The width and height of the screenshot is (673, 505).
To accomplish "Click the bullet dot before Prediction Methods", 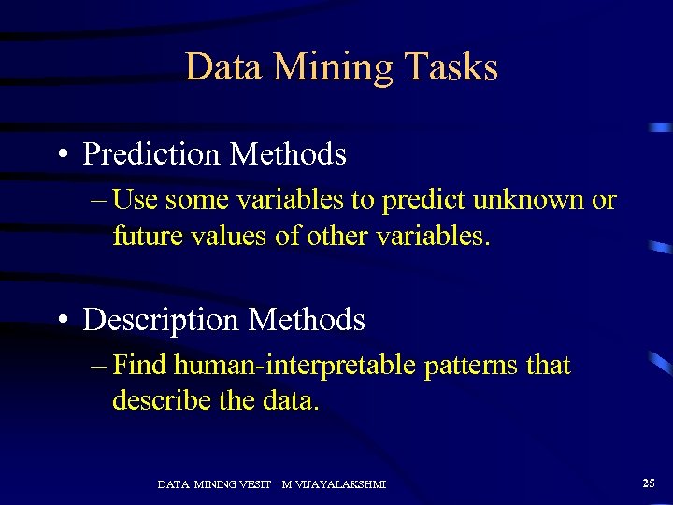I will coord(62,154).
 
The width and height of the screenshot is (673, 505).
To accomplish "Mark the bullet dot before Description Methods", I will coord(62,321).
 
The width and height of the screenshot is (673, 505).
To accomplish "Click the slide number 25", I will coord(649,483).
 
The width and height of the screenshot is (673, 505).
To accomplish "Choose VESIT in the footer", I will coord(255,484).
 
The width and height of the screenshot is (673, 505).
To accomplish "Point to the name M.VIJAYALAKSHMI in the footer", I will coord(334,484).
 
